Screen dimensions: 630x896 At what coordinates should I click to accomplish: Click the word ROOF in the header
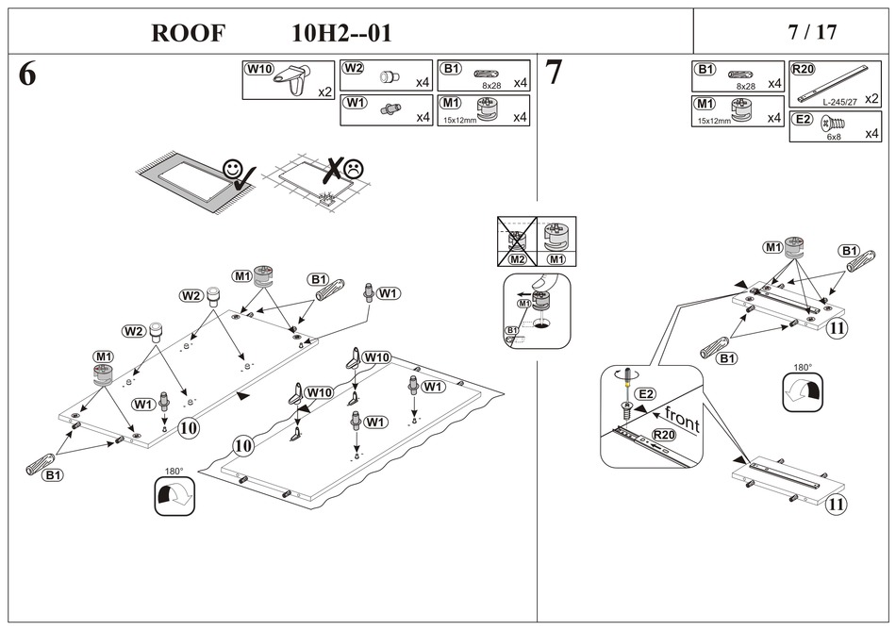click(189, 33)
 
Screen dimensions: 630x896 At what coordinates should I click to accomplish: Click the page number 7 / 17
click(812, 32)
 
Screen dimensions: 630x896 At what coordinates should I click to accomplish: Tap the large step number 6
click(27, 75)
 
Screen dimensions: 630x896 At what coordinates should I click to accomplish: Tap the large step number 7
click(554, 74)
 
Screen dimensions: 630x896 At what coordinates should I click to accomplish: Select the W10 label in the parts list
click(258, 69)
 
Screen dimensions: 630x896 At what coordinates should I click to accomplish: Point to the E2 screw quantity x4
click(872, 134)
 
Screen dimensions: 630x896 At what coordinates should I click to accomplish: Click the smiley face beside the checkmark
click(232, 169)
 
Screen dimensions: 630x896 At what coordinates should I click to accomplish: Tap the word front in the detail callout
click(681, 418)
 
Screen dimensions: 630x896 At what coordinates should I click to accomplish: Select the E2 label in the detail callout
click(645, 393)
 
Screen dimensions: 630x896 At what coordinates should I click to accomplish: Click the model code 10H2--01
click(341, 33)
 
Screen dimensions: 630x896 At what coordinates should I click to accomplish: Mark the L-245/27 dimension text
click(838, 101)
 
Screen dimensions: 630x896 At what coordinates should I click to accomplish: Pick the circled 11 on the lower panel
click(836, 504)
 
